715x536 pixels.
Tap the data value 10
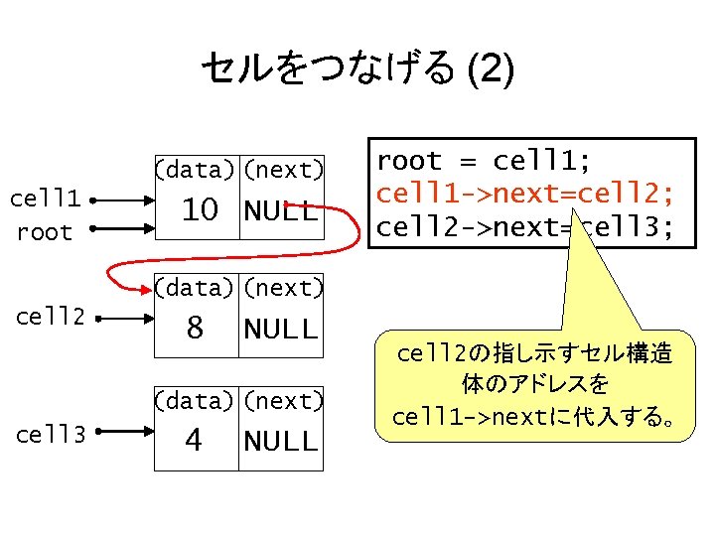point(199,210)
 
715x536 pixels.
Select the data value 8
point(195,328)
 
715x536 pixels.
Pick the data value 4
point(194,440)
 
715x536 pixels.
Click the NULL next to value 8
point(281,329)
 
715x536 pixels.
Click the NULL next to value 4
point(281,441)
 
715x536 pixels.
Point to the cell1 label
point(45,198)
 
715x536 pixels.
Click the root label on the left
point(45,233)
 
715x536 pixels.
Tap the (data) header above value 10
point(196,171)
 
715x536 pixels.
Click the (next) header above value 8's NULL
point(282,289)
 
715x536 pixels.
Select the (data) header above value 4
point(196,402)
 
